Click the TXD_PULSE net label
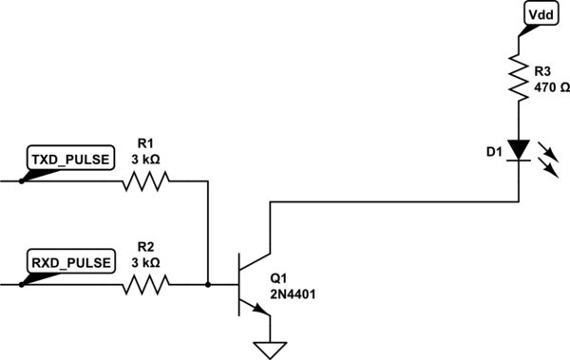pos(72,159)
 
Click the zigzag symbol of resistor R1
pos(145,180)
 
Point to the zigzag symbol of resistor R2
pos(145,283)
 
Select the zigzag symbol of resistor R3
pos(519,76)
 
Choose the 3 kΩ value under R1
pos(145,160)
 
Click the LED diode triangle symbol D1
pos(519,150)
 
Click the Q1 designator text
pos(279,279)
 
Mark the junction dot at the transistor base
pos(208,283)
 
